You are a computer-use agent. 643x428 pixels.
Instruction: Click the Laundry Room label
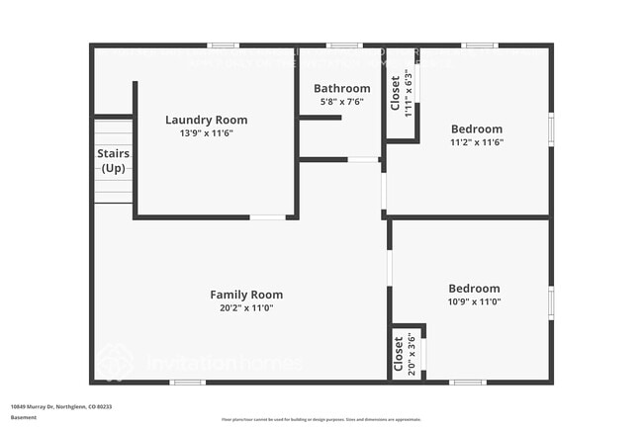tap(206, 120)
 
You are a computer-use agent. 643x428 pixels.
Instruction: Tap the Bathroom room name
tap(341, 88)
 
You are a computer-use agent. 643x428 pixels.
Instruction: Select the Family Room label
tap(246, 294)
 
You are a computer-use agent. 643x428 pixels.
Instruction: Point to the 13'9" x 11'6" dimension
tap(206, 133)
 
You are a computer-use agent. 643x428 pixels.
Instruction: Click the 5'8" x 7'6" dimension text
tap(341, 102)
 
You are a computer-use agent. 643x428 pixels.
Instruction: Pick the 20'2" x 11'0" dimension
tap(246, 307)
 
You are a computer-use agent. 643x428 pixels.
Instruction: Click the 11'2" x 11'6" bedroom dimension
tap(477, 142)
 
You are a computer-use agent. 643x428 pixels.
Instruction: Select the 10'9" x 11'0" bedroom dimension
tap(474, 301)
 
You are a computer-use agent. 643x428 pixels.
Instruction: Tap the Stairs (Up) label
tap(114, 161)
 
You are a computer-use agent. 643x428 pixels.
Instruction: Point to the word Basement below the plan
tap(24, 417)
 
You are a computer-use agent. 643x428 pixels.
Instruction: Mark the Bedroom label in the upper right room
tap(477, 128)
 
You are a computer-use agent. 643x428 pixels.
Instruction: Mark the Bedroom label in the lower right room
tap(474, 288)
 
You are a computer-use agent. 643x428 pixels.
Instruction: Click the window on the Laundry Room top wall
tap(223, 45)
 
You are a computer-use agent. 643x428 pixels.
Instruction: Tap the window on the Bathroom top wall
tap(343, 45)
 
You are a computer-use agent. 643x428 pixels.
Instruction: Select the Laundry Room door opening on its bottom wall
tap(267, 217)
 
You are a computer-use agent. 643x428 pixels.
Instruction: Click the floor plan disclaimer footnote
tap(321, 419)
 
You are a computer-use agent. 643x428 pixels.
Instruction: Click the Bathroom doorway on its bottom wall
tap(363, 159)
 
